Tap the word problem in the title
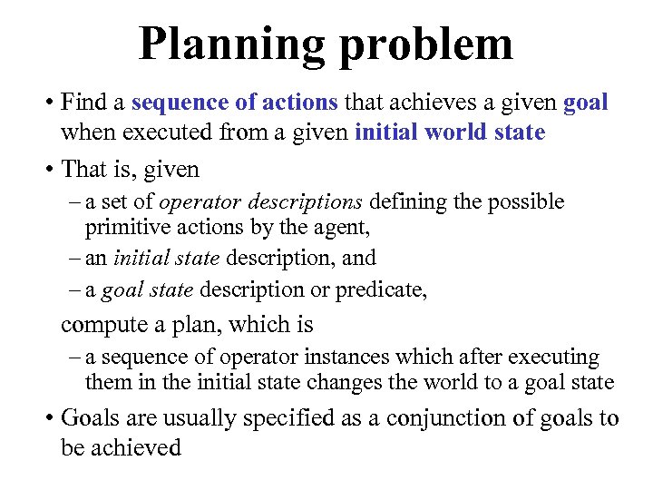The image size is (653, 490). point(426,44)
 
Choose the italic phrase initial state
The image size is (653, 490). point(166,258)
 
